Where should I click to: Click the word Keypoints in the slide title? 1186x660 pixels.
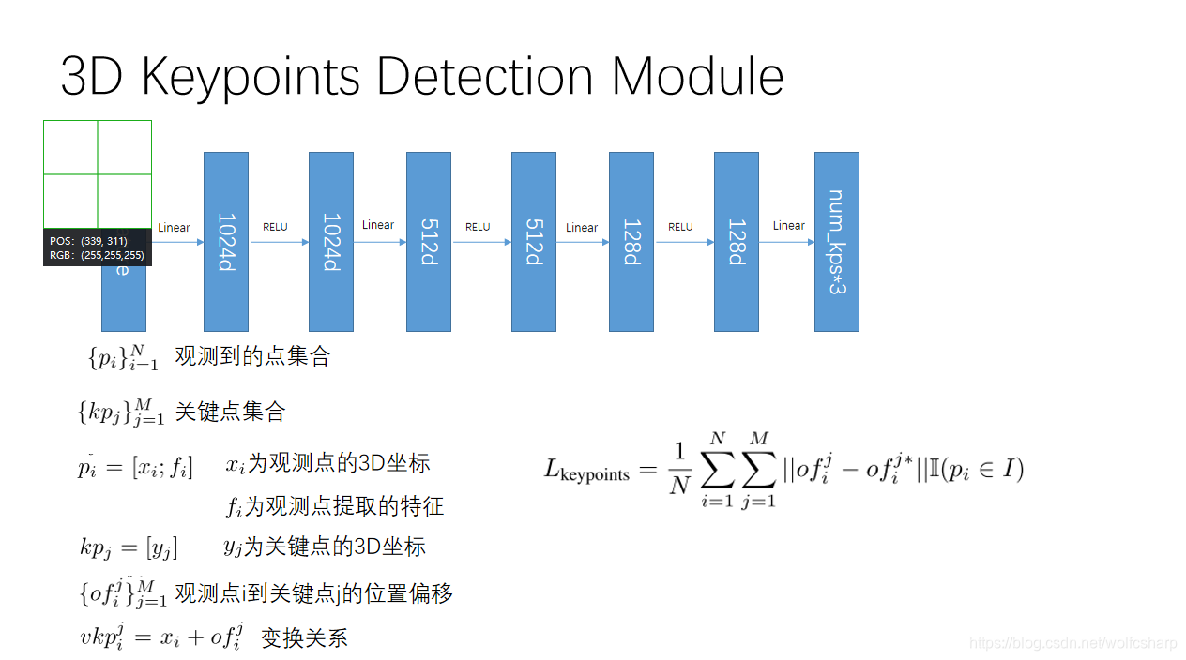coord(250,77)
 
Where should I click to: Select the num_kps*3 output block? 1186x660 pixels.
coord(836,242)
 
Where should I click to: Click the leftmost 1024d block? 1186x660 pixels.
coord(226,242)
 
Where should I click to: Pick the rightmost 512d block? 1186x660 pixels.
coord(534,242)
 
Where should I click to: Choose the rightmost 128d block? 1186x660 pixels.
coord(737,242)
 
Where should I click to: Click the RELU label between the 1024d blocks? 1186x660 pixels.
coord(275,227)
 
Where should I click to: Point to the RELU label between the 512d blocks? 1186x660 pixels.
coord(478,227)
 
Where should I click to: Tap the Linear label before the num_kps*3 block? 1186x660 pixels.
coord(789,225)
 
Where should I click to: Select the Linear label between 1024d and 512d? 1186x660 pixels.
coord(378,225)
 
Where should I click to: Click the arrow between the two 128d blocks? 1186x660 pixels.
coord(684,242)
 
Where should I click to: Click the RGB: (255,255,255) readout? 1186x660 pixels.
coord(97,254)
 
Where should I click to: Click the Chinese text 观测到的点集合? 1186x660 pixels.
coord(252,356)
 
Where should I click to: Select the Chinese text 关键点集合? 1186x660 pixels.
coord(230,412)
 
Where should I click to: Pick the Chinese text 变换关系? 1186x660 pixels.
coord(304,638)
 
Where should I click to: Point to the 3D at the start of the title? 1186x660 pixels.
coord(93,77)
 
